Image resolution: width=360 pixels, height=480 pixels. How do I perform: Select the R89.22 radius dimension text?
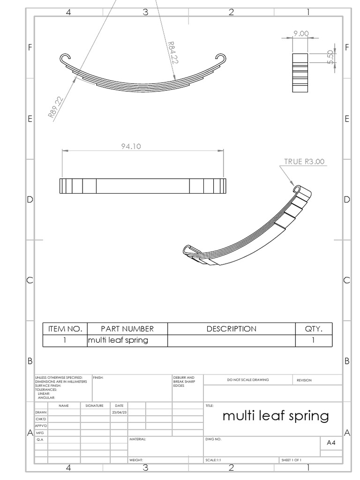tap(56, 107)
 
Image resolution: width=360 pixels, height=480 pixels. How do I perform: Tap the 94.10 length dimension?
tap(131, 146)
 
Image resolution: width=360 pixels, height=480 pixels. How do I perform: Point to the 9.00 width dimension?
tap(300, 33)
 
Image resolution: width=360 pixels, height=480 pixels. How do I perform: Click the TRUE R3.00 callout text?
tap(304, 162)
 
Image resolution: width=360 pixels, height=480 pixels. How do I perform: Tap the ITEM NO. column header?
tap(65, 329)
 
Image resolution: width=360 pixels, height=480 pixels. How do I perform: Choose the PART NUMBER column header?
tap(127, 329)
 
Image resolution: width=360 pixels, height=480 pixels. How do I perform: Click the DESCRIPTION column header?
tap(231, 329)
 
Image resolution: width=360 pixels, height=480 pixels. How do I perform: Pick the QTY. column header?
tap(313, 329)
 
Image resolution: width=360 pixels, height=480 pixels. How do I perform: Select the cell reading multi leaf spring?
tap(118, 340)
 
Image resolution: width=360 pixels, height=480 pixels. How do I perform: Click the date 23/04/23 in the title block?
tap(119, 412)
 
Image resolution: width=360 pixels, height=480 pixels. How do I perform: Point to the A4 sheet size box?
tap(331, 442)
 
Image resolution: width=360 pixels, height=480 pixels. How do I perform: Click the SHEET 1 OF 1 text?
tap(291, 460)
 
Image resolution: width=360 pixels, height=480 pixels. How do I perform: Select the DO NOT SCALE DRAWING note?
tap(248, 380)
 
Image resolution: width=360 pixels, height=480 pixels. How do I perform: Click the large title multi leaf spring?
tap(275, 415)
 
